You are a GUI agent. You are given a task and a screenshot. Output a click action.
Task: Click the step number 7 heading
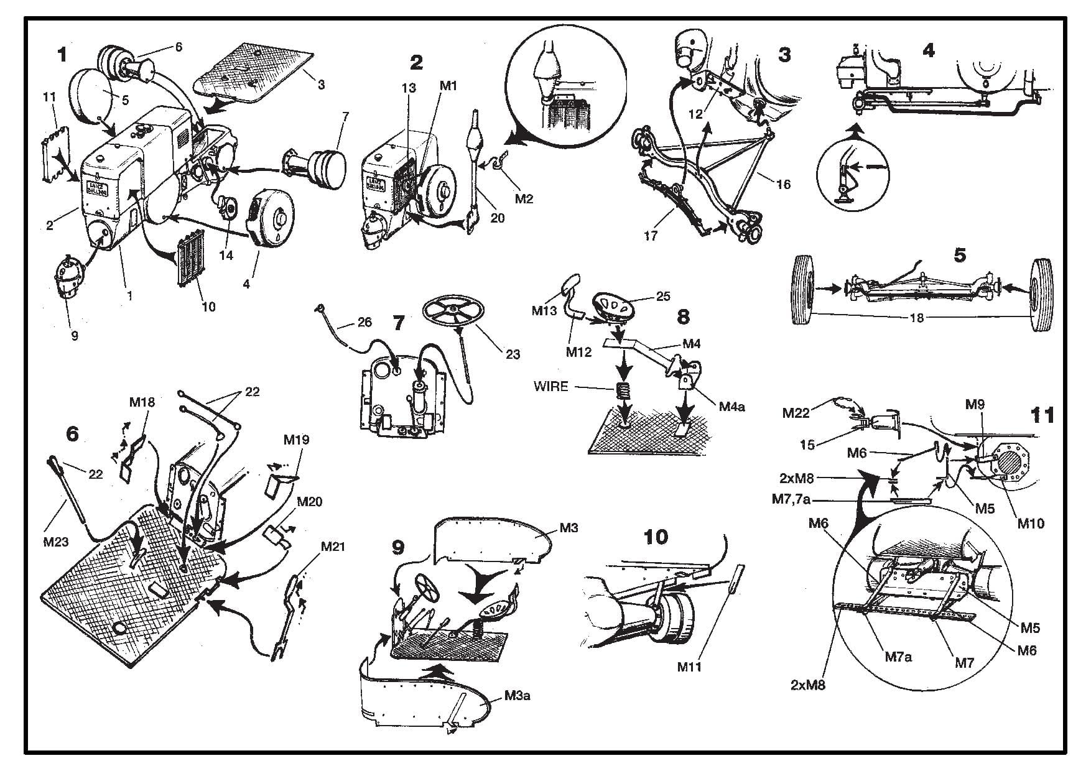[399, 323]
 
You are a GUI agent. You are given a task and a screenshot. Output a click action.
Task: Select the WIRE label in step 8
[550, 387]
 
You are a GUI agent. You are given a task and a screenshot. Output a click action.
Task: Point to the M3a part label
[517, 695]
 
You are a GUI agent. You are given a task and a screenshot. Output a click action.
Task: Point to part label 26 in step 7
[364, 321]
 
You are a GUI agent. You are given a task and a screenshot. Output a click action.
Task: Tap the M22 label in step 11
[796, 412]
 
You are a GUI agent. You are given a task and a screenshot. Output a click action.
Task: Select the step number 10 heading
[656, 537]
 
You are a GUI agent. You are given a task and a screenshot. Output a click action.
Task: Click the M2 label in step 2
[524, 199]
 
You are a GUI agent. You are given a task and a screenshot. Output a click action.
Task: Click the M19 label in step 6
[296, 440]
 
